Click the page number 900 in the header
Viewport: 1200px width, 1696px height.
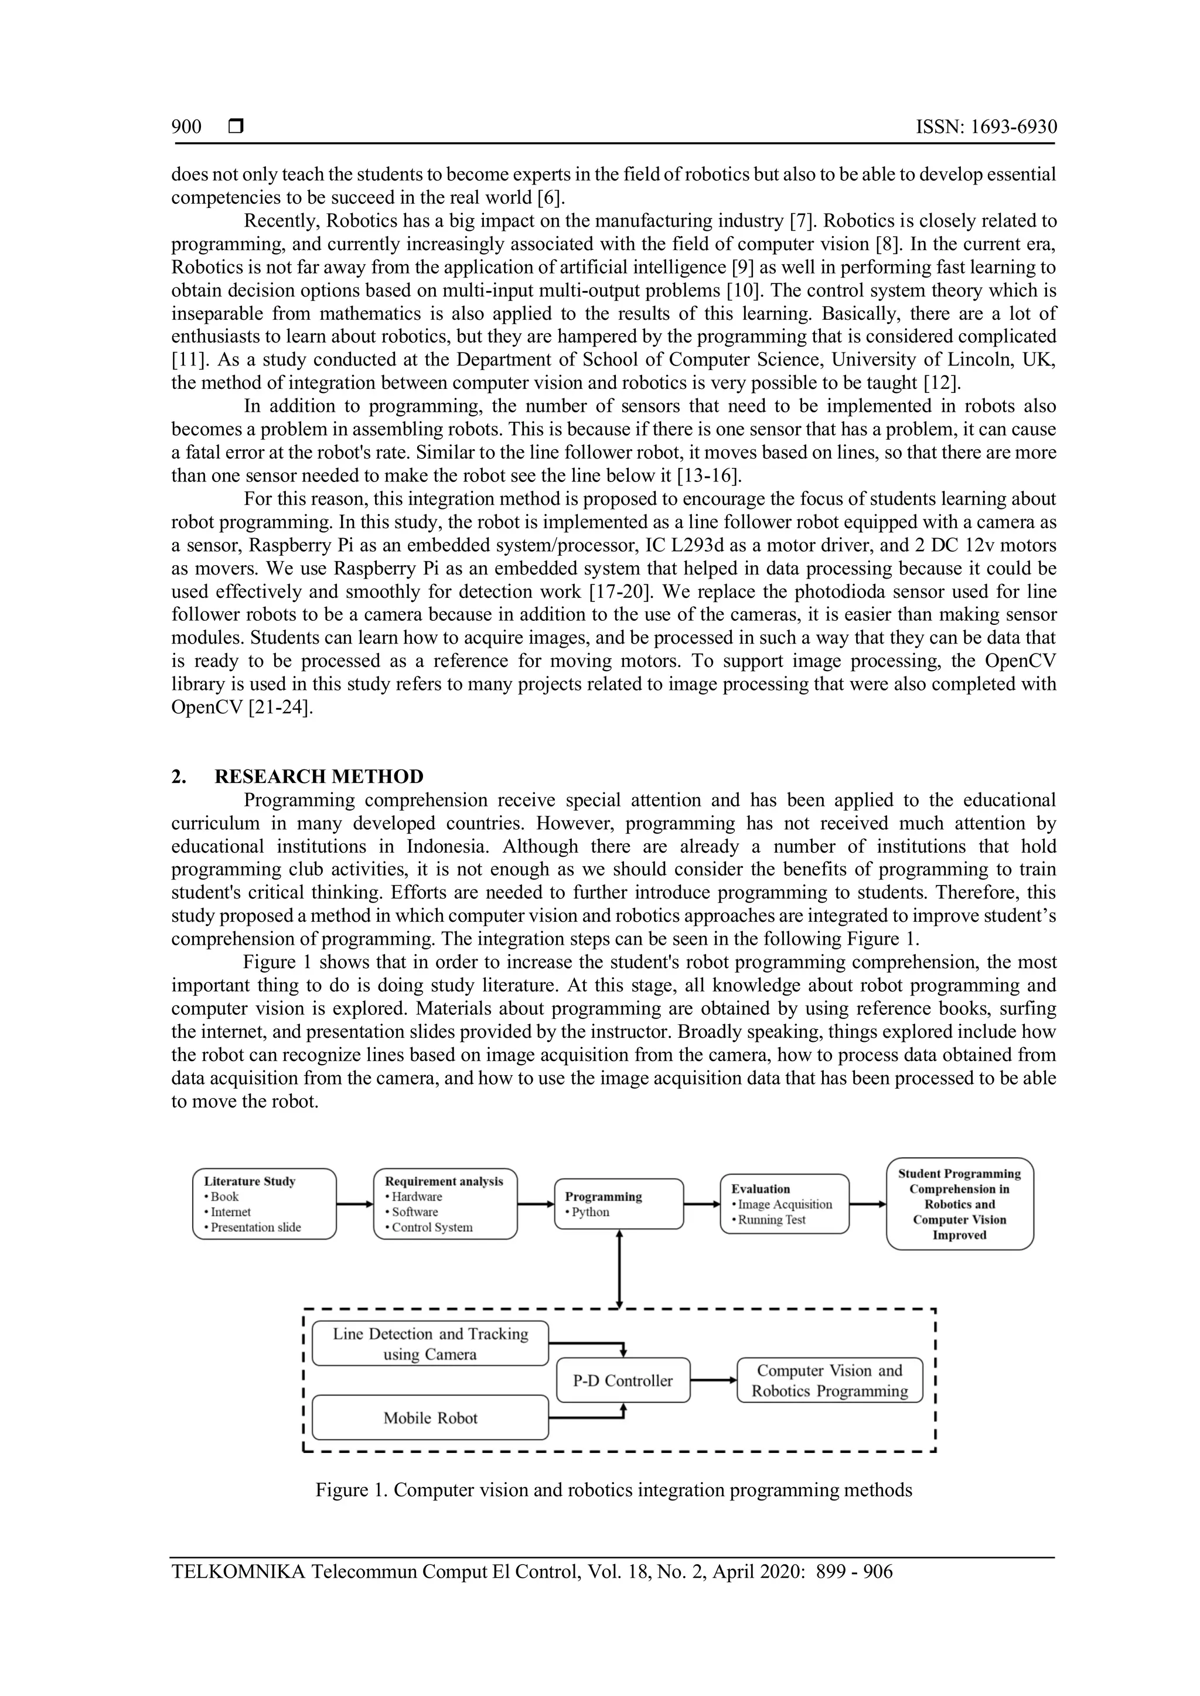[x=186, y=127]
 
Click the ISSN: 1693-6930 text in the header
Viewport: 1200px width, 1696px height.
[x=986, y=127]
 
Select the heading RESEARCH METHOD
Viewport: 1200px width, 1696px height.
[x=319, y=777]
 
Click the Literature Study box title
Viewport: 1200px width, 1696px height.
[x=250, y=1181]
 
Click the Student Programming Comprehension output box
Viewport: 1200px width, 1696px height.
[x=959, y=1204]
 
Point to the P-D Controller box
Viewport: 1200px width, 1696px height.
[x=623, y=1380]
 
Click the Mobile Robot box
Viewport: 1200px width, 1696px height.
[x=430, y=1417]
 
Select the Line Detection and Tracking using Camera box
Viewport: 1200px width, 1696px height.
[x=430, y=1343]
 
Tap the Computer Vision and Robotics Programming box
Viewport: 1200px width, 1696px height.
[x=829, y=1380]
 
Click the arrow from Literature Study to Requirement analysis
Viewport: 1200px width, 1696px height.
[x=354, y=1204]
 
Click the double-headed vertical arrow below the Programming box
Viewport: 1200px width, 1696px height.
[x=619, y=1269]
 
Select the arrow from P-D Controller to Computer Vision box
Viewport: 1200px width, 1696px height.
[x=714, y=1380]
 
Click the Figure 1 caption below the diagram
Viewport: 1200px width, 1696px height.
[x=613, y=1490]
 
